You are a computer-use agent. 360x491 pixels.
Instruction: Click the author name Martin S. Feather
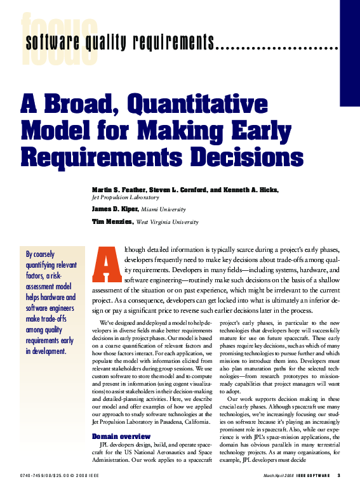[x=115, y=190]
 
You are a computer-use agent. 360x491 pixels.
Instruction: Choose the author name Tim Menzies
[x=112, y=222]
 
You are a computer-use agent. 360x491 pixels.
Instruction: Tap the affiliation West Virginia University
[x=168, y=222]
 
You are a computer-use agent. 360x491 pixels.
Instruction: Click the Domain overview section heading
[x=121, y=436]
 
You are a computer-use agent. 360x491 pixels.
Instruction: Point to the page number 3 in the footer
[x=339, y=476]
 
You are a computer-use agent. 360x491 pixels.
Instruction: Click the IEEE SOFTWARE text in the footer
[x=313, y=476]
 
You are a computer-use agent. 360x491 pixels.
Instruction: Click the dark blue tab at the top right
[x=350, y=51]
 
